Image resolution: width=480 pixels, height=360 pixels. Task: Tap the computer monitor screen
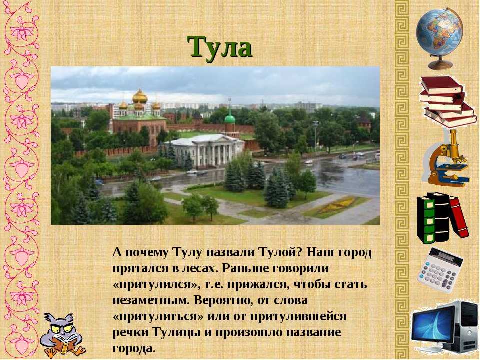[x=432, y=325]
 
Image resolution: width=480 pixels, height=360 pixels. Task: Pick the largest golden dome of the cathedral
[x=140, y=97]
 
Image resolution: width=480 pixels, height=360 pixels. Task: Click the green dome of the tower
[x=230, y=118]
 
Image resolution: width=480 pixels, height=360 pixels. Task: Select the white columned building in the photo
[x=205, y=150]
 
